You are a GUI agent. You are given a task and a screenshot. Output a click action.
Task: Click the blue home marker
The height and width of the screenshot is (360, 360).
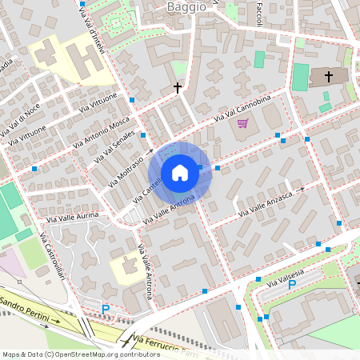pyautogui.click(x=180, y=173)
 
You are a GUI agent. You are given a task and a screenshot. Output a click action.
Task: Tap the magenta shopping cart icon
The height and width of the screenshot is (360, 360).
pyautogui.click(x=242, y=123)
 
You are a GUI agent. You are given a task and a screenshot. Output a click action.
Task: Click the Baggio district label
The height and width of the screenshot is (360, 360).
pyautogui.click(x=186, y=6)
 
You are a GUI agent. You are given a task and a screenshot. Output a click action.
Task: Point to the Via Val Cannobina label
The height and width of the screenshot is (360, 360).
pyautogui.click(x=242, y=109)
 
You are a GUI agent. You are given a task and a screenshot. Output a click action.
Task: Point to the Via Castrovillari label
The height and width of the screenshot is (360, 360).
pyautogui.click(x=46, y=255)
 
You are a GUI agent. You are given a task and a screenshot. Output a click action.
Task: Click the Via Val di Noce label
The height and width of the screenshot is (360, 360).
pyautogui.click(x=21, y=118)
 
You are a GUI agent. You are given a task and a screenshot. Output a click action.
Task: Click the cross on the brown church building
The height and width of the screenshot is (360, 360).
pyautogui.click(x=328, y=76)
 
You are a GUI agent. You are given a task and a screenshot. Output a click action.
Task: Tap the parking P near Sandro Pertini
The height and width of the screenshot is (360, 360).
pyautogui.click(x=105, y=309)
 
